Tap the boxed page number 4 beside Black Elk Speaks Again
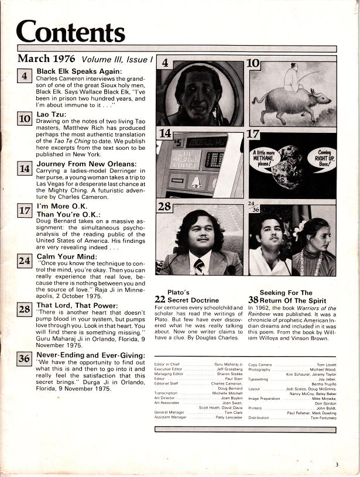tap(24, 76)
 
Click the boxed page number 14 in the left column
tap(24, 169)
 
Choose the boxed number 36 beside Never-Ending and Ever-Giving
tap(24, 358)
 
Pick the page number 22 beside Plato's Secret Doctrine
tap(160, 299)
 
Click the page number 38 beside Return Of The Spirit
tap(253, 299)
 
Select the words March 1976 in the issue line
tap(48, 59)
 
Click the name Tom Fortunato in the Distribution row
tap(323, 418)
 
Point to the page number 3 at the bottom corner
tap(337, 465)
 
